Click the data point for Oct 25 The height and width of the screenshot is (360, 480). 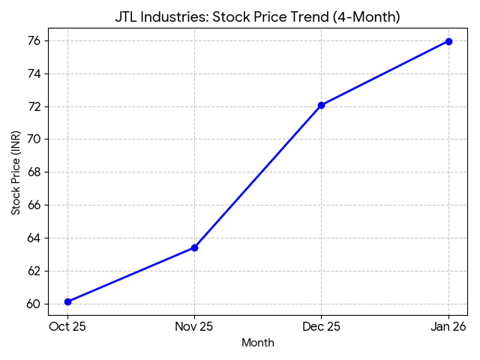click(67, 301)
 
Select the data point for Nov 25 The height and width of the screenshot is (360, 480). click(194, 247)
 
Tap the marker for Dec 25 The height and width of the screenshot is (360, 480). click(321, 105)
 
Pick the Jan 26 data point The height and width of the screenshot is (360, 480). click(448, 41)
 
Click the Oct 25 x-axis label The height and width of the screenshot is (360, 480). click(67, 326)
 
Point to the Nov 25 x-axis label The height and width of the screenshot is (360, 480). click(194, 326)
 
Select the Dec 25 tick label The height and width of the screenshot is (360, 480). click(321, 326)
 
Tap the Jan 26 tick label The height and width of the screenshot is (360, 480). click(448, 326)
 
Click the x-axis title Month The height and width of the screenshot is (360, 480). click(258, 343)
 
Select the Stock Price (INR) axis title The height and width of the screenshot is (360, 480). click(16, 172)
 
